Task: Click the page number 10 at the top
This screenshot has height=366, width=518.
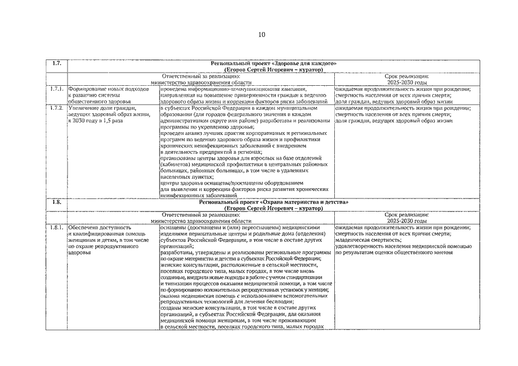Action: pos(262,35)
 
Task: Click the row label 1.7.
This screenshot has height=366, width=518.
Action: pos(56,63)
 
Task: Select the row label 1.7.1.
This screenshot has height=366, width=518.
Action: pos(56,90)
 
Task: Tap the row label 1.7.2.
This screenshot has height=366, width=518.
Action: pos(56,108)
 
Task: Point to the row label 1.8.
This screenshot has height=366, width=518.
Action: pos(56,202)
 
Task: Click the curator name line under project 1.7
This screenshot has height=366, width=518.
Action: pos(274,69)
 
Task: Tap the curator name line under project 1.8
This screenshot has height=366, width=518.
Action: pos(274,209)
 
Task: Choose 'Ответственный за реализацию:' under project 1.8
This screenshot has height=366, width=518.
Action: pos(200,214)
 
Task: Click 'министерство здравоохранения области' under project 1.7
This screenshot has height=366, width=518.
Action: pos(200,82)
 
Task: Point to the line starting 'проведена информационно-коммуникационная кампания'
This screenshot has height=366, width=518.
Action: pos(235,89)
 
